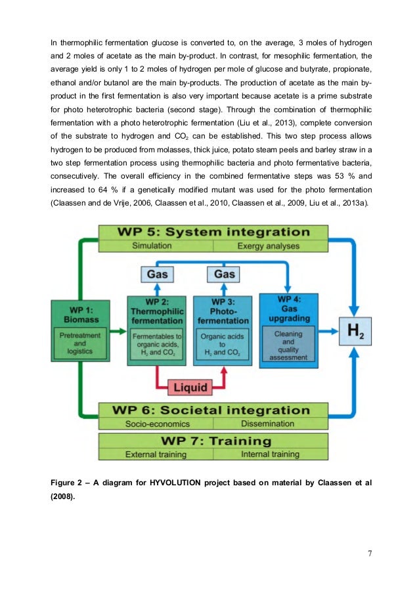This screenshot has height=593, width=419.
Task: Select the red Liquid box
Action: pyautogui.click(x=190, y=387)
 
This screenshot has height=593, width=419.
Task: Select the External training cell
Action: pyautogui.click(x=155, y=454)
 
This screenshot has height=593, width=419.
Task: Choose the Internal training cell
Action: pyautogui.click(x=270, y=454)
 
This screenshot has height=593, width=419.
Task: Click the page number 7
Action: pyautogui.click(x=370, y=553)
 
